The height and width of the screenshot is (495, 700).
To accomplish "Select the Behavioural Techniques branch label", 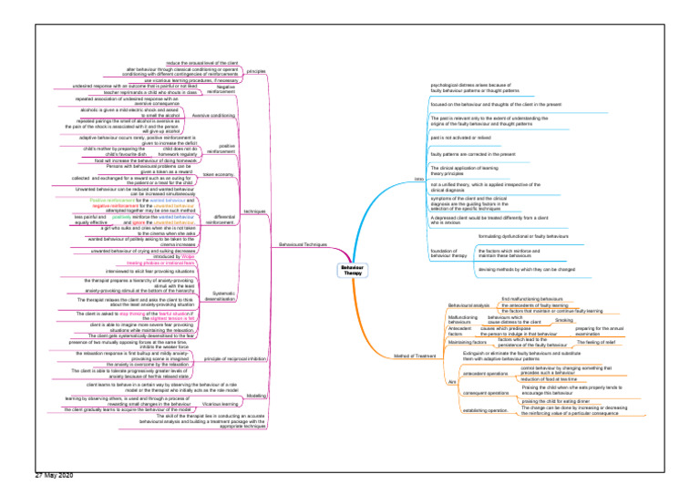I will pos(304,245).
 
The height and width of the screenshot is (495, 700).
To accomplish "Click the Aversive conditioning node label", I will pos(215,116).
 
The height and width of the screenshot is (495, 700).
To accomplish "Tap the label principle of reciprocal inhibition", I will pos(236,359).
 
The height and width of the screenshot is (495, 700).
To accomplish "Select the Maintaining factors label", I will pos(468,342).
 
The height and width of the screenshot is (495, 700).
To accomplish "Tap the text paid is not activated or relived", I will pos(467,137).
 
